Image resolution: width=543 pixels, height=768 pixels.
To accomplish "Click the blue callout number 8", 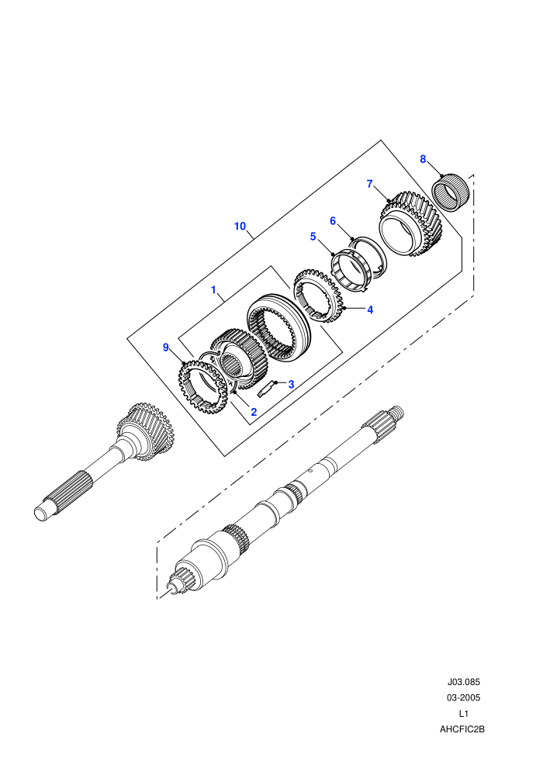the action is pos(423,159).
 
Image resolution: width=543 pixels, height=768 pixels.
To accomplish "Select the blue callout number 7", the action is pos(370,184).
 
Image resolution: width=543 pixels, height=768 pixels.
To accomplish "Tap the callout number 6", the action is pos(333,221).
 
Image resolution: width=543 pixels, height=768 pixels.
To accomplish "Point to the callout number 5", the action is pos(313,237).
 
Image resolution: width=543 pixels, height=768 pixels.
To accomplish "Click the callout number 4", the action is pos(370,310).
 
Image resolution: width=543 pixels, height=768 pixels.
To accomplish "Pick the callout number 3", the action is pos(291,385).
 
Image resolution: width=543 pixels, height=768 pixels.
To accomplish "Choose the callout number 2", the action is pos(254,412).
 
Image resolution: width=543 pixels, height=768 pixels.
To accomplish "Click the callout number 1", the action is pos(213,290).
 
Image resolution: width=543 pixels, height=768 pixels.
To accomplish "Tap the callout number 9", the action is pos(166,348).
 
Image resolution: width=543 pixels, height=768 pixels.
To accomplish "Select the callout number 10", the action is pos(240,227).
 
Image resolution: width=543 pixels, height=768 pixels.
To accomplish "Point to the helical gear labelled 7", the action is pos(411,224).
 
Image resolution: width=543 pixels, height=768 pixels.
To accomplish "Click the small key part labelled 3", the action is pos(264,389).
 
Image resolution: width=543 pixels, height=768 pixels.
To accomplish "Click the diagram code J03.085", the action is pos(464,682).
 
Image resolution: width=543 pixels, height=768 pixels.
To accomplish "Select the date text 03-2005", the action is pos(464,697).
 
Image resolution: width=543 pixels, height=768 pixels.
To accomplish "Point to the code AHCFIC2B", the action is pos(462,729).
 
